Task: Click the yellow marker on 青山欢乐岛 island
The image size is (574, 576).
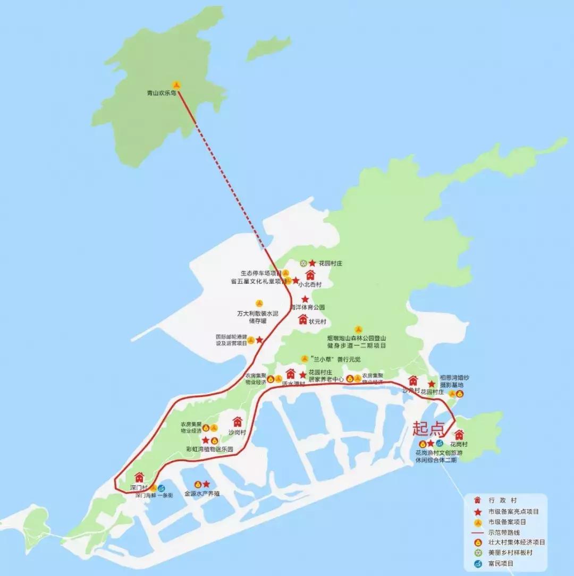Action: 176,84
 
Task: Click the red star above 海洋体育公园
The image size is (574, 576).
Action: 305,299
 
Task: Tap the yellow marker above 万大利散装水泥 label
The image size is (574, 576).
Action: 259,303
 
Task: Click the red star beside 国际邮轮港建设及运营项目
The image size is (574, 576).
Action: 259,340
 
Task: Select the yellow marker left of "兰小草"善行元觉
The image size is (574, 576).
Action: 304,359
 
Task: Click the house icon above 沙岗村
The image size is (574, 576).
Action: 237,421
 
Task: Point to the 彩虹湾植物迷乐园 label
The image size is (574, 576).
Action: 209,449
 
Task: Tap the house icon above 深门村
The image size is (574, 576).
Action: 139,477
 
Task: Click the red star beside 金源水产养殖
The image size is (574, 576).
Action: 206,484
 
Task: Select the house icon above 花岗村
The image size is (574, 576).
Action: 459,434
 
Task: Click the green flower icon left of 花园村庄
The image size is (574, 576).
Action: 303,263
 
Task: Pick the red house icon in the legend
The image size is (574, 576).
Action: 478,501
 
